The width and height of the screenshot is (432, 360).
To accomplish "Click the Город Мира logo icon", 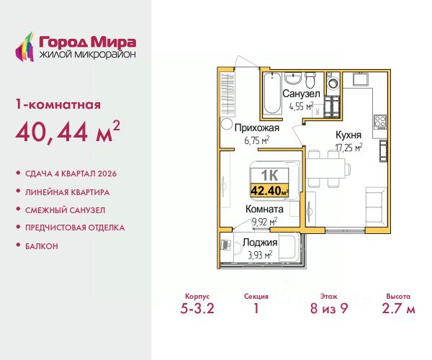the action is point(24,47).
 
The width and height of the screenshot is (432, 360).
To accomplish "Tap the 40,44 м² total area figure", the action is point(68,132).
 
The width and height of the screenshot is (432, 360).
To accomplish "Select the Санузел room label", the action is point(301,94).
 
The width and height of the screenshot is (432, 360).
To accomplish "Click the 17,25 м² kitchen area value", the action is point(348,148).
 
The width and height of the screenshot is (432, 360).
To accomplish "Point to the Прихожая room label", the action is point(257,128).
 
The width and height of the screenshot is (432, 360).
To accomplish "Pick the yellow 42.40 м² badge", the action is point(269,190).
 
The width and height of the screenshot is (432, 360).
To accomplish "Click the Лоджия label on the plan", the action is point(260,243).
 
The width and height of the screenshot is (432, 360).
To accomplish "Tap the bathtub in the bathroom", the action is point(272,93).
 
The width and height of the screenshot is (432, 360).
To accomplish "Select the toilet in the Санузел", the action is point(310,78).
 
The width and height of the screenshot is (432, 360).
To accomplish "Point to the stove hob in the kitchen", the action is point(380,122).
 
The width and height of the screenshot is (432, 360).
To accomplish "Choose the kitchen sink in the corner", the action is point(360,78).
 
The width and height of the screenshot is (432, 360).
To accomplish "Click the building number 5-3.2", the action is point(197,308).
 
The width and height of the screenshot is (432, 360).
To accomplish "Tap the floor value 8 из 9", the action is point(329,308).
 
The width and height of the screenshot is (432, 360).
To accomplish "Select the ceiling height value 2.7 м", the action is point(398,308).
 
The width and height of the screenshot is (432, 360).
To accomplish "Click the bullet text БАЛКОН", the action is point(42,246).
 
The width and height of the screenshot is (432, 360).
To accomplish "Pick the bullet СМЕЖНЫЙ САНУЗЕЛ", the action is point(66,210).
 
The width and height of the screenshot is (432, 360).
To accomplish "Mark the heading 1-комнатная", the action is point(58,105).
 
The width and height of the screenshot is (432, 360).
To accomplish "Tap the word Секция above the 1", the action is point(256,297).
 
